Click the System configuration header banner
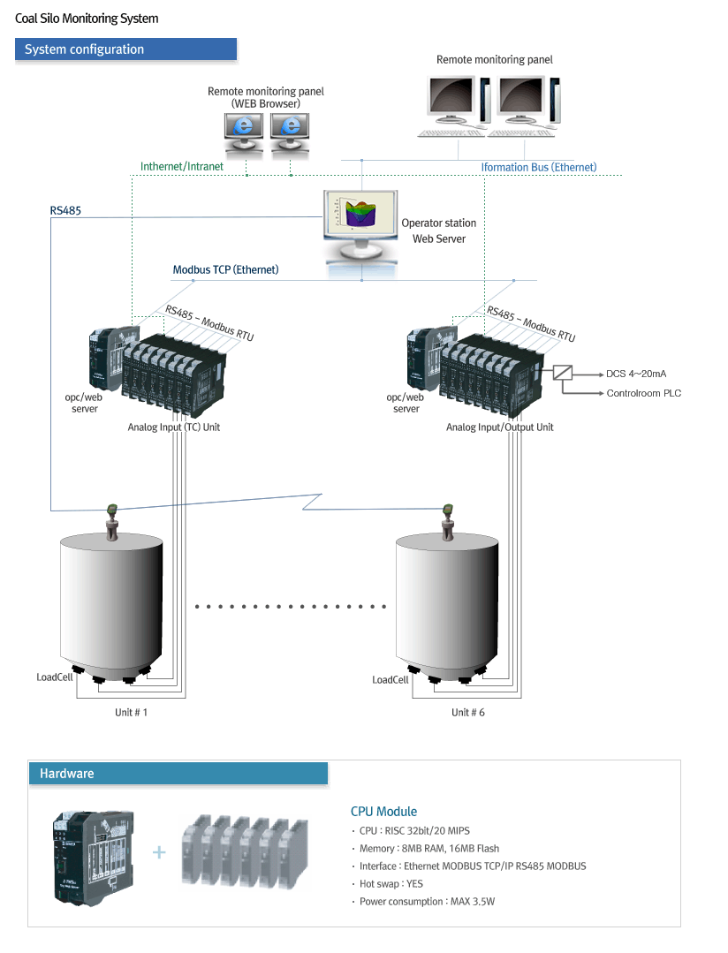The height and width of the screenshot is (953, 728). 125,49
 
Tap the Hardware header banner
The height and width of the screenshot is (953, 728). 178,774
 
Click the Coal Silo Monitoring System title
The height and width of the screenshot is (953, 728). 87,19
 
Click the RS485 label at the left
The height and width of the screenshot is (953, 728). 66,211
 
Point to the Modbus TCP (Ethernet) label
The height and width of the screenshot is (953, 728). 225,269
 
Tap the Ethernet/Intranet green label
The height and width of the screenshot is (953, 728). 182,166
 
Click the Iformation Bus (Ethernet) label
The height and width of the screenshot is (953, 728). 538,167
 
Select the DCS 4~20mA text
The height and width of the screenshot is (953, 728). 636,374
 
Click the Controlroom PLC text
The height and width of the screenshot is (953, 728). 643,394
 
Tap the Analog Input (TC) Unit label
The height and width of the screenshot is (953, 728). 173,427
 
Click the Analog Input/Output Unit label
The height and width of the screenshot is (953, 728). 499,427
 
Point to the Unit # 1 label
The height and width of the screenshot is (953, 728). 132,712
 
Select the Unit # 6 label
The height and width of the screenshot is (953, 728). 467,712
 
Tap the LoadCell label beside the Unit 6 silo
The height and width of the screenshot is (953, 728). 391,680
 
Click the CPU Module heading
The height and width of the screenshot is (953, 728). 383,811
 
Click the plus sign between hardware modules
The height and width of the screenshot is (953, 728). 159,851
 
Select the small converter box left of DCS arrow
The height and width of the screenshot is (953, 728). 563,373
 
